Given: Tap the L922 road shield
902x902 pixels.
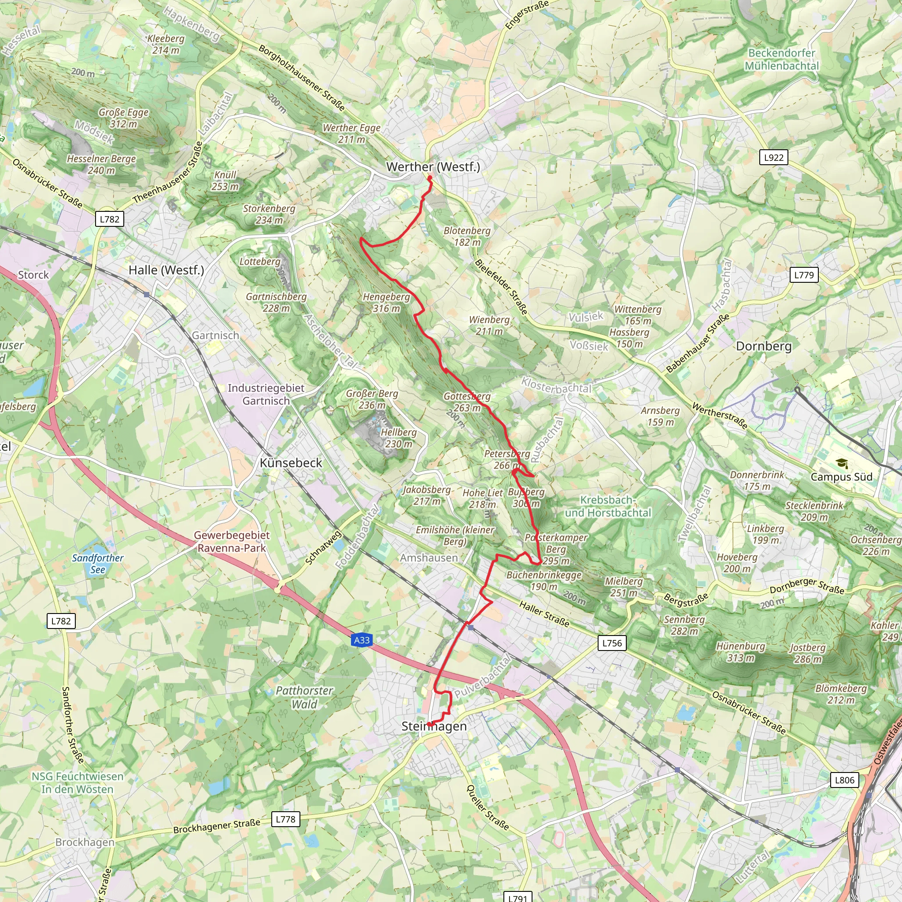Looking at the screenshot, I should (x=773, y=157).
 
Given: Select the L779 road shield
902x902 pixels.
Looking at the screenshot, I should (x=804, y=275).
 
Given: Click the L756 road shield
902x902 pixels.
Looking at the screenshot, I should (x=612, y=643).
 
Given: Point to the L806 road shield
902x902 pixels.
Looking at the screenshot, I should (x=845, y=780).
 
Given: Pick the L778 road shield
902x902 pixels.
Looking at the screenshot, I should (x=285, y=819).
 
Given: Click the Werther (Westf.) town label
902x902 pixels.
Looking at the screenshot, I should (x=433, y=166).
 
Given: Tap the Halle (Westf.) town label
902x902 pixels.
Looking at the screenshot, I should (x=166, y=270).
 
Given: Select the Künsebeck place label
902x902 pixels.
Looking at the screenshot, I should (x=291, y=463).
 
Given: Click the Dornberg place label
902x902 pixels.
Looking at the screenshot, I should (x=764, y=346).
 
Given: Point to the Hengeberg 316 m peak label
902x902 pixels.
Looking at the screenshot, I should (x=386, y=303).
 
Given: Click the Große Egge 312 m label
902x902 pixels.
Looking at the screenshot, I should (x=123, y=118).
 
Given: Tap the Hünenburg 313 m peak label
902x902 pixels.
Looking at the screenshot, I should (x=740, y=652).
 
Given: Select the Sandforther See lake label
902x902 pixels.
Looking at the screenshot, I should (x=98, y=563).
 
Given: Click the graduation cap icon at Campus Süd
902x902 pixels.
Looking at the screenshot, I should (x=842, y=464).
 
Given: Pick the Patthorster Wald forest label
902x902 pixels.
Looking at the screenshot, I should (x=304, y=697).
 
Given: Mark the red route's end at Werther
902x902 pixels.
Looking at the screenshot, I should (x=429, y=177).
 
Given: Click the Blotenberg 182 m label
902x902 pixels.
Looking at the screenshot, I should (x=467, y=236).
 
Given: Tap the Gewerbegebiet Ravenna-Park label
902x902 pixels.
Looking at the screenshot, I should (x=232, y=542).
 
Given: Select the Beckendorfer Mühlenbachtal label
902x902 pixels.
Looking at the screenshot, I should (x=782, y=59).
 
